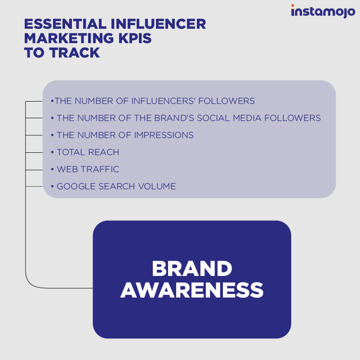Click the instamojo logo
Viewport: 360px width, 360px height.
point(323,11)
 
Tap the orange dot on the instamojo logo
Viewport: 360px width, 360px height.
point(293,5)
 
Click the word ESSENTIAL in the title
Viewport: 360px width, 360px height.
point(65,24)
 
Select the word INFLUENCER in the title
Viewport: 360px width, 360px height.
point(158,24)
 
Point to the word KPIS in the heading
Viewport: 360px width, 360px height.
point(135,38)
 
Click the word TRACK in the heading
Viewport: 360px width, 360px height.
point(75,53)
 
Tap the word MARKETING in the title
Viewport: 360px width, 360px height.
point(69,38)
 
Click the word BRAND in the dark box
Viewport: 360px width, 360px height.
point(192,268)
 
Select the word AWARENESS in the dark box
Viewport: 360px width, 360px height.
point(192,290)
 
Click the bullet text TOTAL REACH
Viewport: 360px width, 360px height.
point(88,152)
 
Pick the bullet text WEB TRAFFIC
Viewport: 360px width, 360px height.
point(88,169)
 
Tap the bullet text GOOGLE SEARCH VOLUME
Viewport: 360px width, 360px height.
point(116,186)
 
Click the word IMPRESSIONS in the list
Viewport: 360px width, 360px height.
point(164,135)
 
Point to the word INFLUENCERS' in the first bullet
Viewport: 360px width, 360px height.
point(163,101)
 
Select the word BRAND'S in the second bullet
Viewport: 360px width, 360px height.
point(174,118)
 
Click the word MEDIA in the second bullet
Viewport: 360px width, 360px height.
point(247,118)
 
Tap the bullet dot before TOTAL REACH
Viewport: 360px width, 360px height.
point(52,152)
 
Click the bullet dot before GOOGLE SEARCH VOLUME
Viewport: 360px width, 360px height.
point(52,186)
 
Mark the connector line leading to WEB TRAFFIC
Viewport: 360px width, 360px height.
point(34,170)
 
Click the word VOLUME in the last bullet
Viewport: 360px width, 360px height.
point(157,186)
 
